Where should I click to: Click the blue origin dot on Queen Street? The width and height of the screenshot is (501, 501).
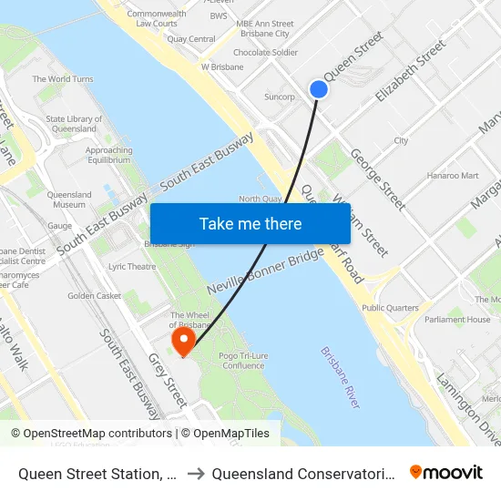318,88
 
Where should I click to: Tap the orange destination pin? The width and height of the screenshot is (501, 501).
184,341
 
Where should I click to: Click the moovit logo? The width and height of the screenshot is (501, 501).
446,472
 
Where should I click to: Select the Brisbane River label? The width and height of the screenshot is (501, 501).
341,377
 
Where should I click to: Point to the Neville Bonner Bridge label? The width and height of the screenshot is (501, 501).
264,273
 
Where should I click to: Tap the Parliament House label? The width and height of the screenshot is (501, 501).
458,320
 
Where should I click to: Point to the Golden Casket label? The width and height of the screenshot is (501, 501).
94,296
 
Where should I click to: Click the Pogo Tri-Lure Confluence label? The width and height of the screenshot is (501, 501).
242,356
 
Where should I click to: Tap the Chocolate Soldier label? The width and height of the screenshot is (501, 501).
265,53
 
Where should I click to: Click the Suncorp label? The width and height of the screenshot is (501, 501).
279,97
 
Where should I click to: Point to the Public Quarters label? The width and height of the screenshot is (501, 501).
390,308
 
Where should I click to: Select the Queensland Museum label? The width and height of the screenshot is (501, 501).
69,200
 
